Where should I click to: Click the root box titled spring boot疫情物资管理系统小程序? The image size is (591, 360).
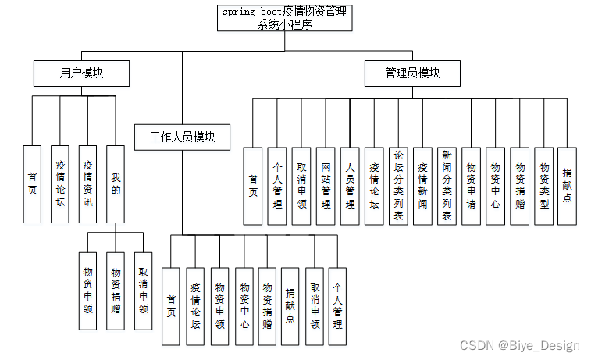[284, 18]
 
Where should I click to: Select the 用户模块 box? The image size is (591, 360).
[81, 73]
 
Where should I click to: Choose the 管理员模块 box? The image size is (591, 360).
[412, 73]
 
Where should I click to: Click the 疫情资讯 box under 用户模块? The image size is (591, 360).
[87, 184]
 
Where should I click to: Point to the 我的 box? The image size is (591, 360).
[116, 184]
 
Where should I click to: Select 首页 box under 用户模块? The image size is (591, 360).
[32, 184]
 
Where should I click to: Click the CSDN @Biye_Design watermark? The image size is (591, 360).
[519, 345]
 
